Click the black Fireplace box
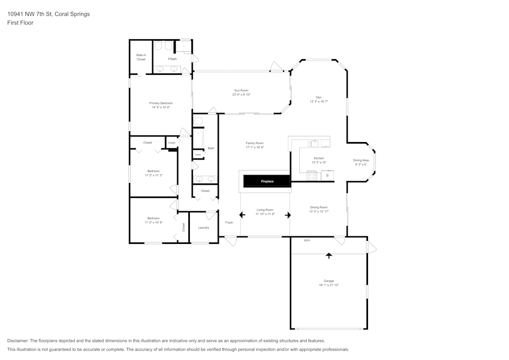tap(267, 181)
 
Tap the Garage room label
tap(329, 281)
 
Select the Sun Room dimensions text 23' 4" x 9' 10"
tap(241, 94)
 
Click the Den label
tap(319, 97)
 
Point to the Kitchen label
tap(319, 158)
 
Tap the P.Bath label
tap(173, 59)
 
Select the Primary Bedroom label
tap(160, 103)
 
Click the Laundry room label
tap(204, 227)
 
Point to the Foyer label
tap(229, 223)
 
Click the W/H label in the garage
tap(307, 240)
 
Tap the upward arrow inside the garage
tap(329, 255)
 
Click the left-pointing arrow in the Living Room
tap(242, 215)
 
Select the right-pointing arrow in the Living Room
tap(288, 215)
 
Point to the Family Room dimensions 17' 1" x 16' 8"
tap(254, 147)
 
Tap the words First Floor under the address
tap(20, 23)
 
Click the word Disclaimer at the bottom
tap(18, 341)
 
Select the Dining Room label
tap(319, 207)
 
